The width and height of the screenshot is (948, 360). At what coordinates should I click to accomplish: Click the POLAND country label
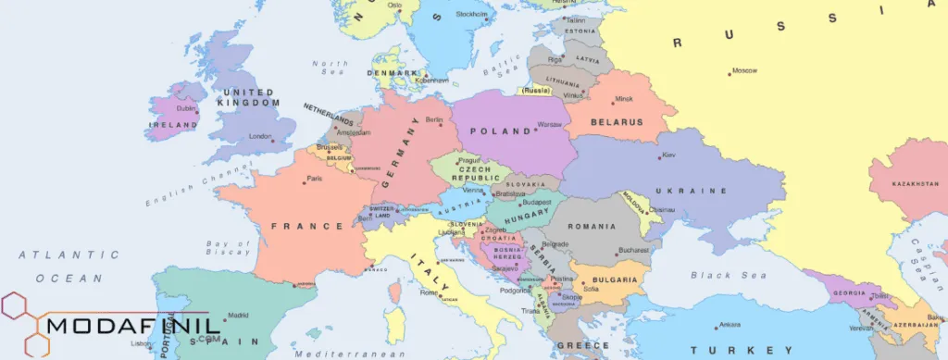pos(500,131)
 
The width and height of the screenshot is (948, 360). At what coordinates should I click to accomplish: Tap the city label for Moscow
pos(744,70)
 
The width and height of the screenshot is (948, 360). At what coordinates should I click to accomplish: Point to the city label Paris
pos(315,179)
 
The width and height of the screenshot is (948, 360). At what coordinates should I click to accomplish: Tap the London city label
pos(259,136)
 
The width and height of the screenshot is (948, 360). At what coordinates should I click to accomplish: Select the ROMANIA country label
pos(592,227)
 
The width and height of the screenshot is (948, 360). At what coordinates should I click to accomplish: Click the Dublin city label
pos(186,107)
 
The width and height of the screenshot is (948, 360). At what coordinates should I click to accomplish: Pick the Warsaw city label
pos(550,123)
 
